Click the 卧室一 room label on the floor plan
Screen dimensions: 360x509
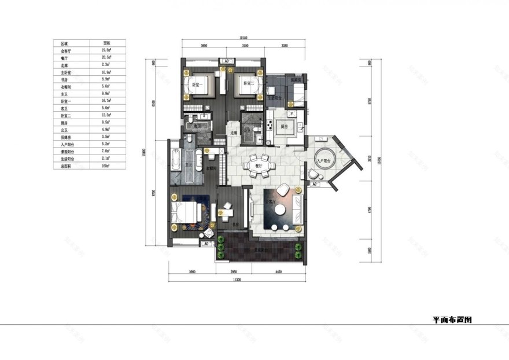pyautogui.click(x=194, y=85)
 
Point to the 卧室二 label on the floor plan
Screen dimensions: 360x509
pyautogui.click(x=247, y=85)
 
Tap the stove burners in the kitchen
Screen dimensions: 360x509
pyautogui.click(x=270, y=124)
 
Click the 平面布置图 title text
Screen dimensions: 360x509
pyautogui.click(x=455, y=319)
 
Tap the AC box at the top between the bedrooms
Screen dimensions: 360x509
pyautogui.click(x=227, y=61)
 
